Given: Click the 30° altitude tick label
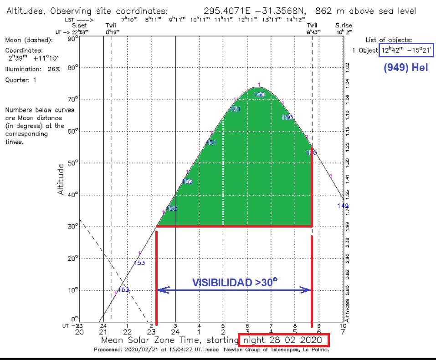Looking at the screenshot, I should click(73, 226).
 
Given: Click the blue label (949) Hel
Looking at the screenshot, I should click(405, 68).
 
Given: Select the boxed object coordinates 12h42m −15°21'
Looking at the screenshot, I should click(406, 50).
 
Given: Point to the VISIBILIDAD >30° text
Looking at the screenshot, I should click(235, 283).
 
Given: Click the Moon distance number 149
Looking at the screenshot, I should click(343, 206).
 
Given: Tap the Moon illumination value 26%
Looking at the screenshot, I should click(52, 69).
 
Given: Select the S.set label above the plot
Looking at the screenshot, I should click(79, 25).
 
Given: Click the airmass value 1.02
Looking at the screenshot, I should click(347, 67).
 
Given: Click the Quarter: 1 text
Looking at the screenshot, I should click(21, 80).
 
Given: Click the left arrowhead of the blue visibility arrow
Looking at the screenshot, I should click(160, 290).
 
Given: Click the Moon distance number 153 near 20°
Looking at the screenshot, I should click(139, 263).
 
